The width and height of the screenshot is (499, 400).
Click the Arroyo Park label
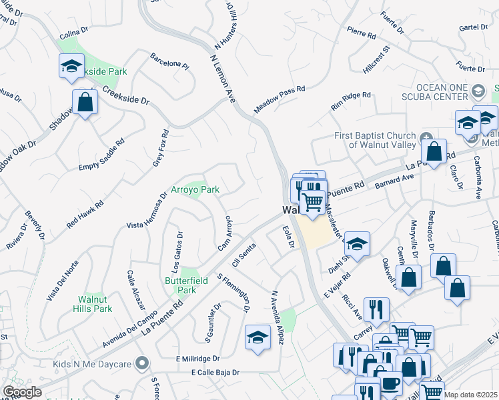click(196, 190)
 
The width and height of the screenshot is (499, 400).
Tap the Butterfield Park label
click(181, 285)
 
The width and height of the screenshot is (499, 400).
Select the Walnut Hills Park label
click(94, 304)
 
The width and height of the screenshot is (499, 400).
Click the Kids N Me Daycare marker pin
click(141, 364)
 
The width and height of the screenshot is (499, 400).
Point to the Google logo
click(22, 392)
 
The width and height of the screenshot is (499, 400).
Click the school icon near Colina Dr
click(71, 67)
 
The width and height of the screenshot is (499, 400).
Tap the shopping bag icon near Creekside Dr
click(85, 103)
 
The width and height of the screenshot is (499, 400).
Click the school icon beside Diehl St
click(357, 245)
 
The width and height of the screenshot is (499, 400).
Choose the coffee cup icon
click(390, 384)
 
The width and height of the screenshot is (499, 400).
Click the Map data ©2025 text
click(471, 395)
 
